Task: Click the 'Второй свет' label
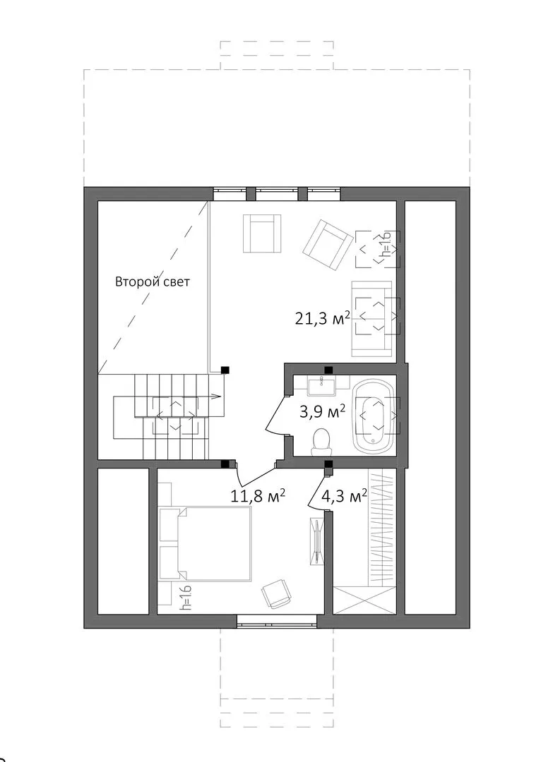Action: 153,282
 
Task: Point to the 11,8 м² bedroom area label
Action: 257,496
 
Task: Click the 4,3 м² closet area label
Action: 344,496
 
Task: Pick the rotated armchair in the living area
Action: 327,244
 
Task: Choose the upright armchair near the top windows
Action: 262,234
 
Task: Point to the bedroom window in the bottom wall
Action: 277,621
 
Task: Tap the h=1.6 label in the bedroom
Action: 185,598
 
